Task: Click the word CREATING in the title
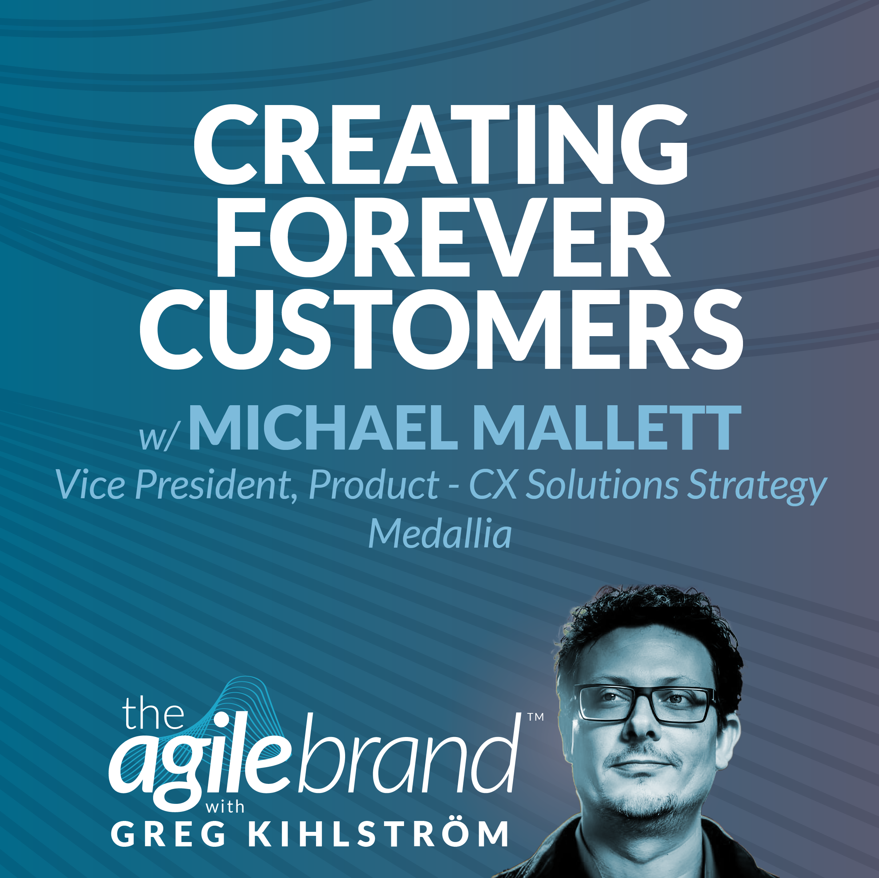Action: [440, 144]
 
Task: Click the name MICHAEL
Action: [323, 429]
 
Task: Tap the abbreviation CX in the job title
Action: [493, 485]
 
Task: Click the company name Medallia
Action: [439, 535]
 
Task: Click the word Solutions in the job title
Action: [602, 485]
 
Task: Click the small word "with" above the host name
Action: [225, 807]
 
